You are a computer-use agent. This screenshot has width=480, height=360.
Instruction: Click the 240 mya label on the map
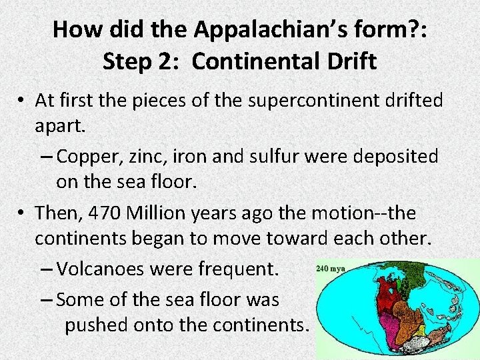tap(331, 269)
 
